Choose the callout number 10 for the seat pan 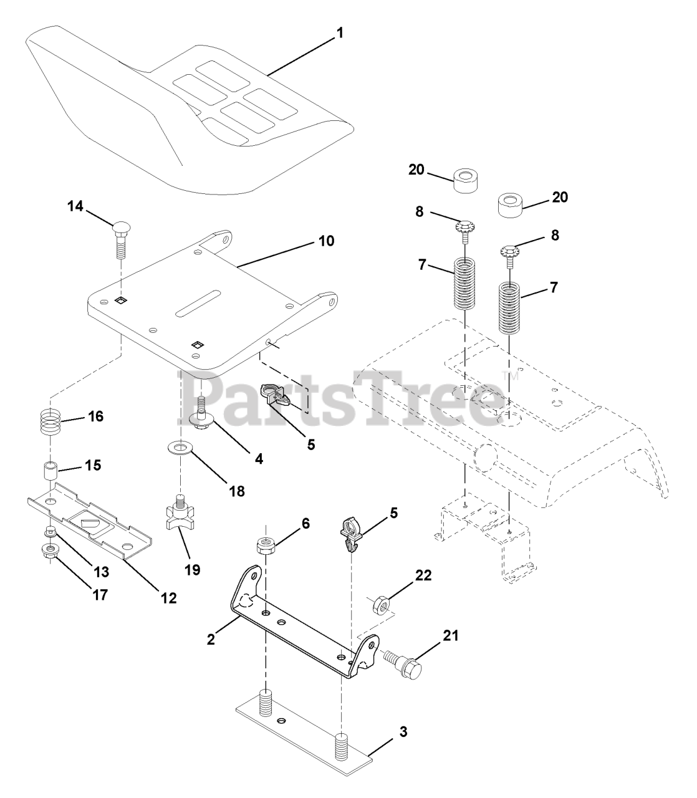pyautogui.click(x=326, y=241)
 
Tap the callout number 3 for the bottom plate pyautogui.click(x=403, y=732)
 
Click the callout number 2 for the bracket pyautogui.click(x=211, y=639)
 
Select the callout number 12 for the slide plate pyautogui.click(x=168, y=597)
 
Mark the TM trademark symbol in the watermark pyautogui.click(x=506, y=376)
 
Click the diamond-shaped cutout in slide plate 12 pyautogui.click(x=87, y=519)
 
